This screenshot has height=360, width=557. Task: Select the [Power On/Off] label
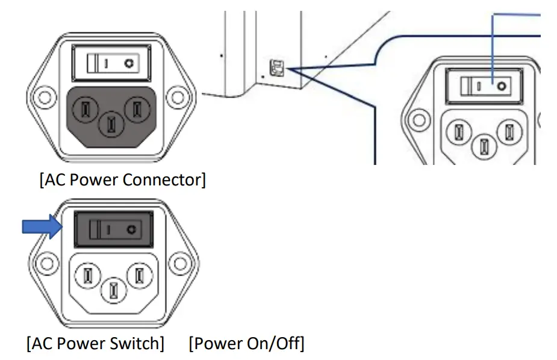246,344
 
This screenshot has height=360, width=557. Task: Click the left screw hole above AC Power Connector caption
40,97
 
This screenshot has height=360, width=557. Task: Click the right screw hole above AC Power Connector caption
178,97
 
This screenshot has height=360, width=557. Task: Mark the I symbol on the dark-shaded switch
108,229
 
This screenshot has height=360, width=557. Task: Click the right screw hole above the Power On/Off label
179,263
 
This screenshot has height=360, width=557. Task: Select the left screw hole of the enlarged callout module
415,118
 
